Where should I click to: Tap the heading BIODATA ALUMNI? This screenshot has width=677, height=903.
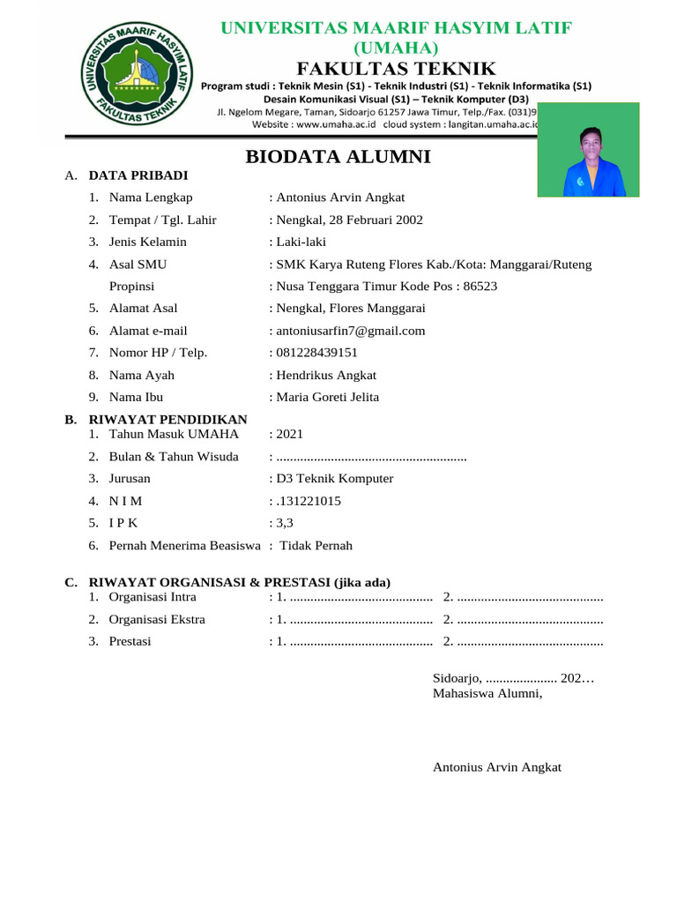tap(338, 157)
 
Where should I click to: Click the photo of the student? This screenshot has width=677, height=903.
tap(588, 150)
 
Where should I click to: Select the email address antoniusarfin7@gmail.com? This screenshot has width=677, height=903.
tap(351, 331)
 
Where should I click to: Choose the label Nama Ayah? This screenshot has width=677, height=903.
tap(142, 375)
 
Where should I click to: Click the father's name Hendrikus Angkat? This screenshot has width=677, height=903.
tap(326, 375)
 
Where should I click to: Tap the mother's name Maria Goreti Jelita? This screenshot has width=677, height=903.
tap(328, 397)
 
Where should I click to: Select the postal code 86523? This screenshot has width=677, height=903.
tap(480, 286)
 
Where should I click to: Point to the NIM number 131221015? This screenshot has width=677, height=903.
tap(310, 501)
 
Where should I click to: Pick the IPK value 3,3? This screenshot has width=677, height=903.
tap(285, 523)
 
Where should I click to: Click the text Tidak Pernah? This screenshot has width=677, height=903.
tap(316, 545)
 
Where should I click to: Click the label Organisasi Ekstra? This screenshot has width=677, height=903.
tap(157, 619)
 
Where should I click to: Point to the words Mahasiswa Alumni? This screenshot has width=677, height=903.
tap(487, 693)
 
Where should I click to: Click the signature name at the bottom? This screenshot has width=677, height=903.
tap(497, 767)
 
